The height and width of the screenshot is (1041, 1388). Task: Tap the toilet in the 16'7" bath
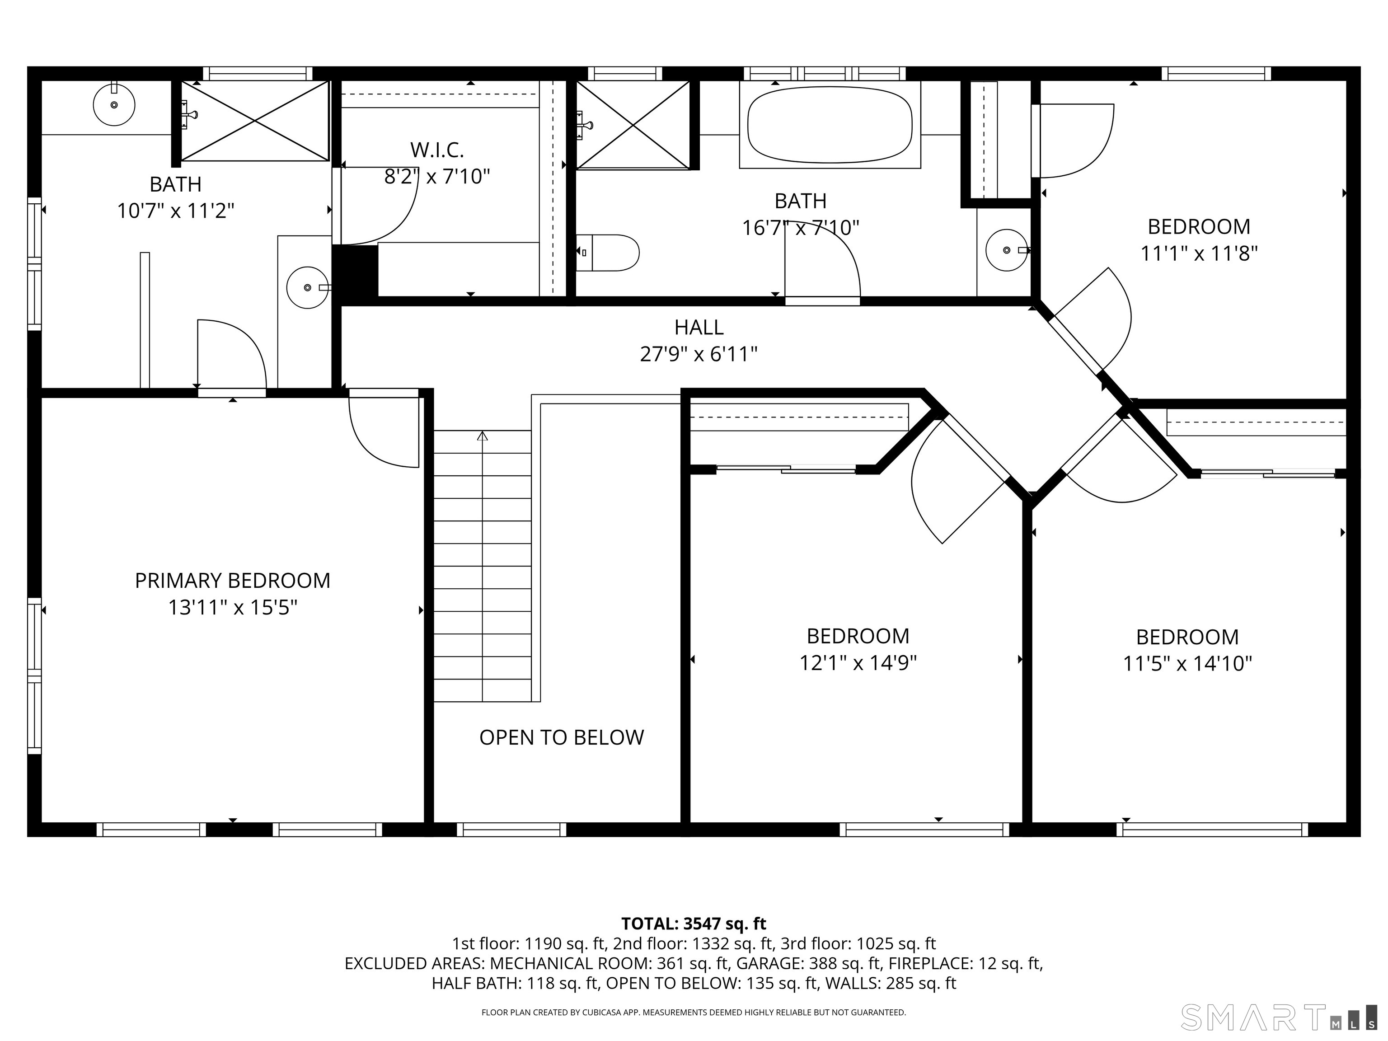[x=607, y=253]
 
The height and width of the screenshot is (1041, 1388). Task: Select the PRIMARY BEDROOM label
[x=232, y=581]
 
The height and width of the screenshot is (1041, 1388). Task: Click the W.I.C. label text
[x=437, y=150]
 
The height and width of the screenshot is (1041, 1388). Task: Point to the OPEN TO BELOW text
[x=562, y=737]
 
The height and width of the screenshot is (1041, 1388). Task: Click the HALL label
[x=699, y=327]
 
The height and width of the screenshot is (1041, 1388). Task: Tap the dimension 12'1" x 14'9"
[x=858, y=663]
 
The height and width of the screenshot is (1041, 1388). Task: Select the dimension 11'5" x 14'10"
[x=1187, y=663]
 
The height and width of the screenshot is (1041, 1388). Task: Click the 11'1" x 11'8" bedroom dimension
[x=1199, y=253]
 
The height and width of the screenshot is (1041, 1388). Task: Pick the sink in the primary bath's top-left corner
[x=114, y=105]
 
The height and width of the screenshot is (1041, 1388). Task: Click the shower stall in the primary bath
[x=255, y=121]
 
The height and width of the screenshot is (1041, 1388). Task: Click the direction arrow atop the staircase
[x=482, y=436]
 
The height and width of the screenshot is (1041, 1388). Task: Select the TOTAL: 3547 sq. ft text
[x=694, y=924]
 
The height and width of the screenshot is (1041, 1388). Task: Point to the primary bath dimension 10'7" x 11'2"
[x=176, y=211]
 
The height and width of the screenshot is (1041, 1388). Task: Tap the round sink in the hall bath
[x=1007, y=250]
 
